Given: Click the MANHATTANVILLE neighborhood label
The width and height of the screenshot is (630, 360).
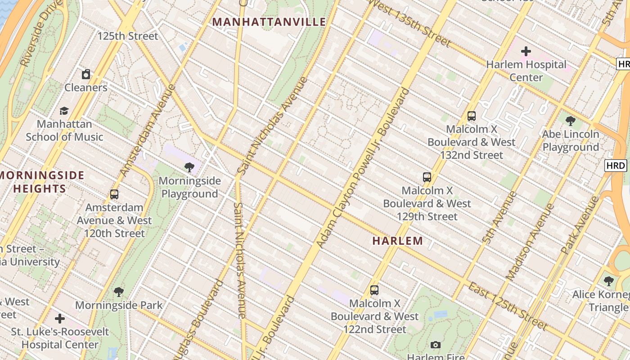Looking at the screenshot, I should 269,22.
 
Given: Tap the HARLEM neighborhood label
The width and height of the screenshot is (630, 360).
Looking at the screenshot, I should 398,241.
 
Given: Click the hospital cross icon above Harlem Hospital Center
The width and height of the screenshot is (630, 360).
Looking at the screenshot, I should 526,51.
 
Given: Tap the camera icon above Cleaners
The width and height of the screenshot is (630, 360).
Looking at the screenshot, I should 86,74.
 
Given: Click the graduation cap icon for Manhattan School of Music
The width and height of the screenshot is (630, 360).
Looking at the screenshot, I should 64,111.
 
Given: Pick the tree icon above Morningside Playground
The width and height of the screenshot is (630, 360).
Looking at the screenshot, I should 190,167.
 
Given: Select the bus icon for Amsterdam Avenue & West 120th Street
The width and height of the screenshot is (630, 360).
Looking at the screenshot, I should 114,194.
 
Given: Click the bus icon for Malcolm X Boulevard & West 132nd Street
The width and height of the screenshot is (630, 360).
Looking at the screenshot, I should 472,116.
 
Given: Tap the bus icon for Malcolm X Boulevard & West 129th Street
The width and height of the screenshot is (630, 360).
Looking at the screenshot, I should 427,177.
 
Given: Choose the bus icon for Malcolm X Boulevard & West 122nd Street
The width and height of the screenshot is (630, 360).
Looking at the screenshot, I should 374,290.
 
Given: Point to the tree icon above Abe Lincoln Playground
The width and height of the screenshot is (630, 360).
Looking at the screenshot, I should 571,121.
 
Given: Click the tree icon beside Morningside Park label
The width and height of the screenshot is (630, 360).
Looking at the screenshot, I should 119,292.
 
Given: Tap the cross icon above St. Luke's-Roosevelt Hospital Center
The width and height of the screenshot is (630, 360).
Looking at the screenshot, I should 60,319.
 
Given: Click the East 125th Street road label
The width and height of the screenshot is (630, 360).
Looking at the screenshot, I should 508,306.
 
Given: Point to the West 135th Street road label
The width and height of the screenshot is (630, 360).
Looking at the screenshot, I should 409,23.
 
